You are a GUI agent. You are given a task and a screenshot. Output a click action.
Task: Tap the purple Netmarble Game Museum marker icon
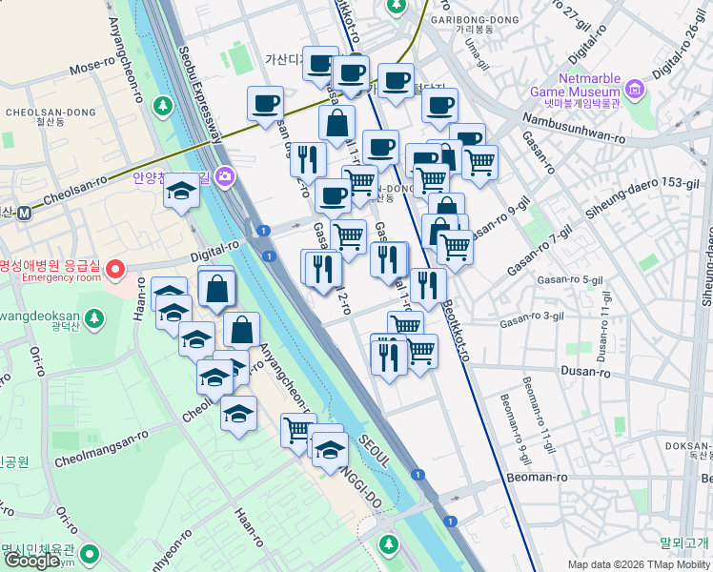point(635,91)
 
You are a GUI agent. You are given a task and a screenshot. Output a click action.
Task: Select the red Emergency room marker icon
point(116,270)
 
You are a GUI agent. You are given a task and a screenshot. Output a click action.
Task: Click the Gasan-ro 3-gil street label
point(530,322)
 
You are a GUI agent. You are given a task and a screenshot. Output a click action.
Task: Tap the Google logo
point(31,560)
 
